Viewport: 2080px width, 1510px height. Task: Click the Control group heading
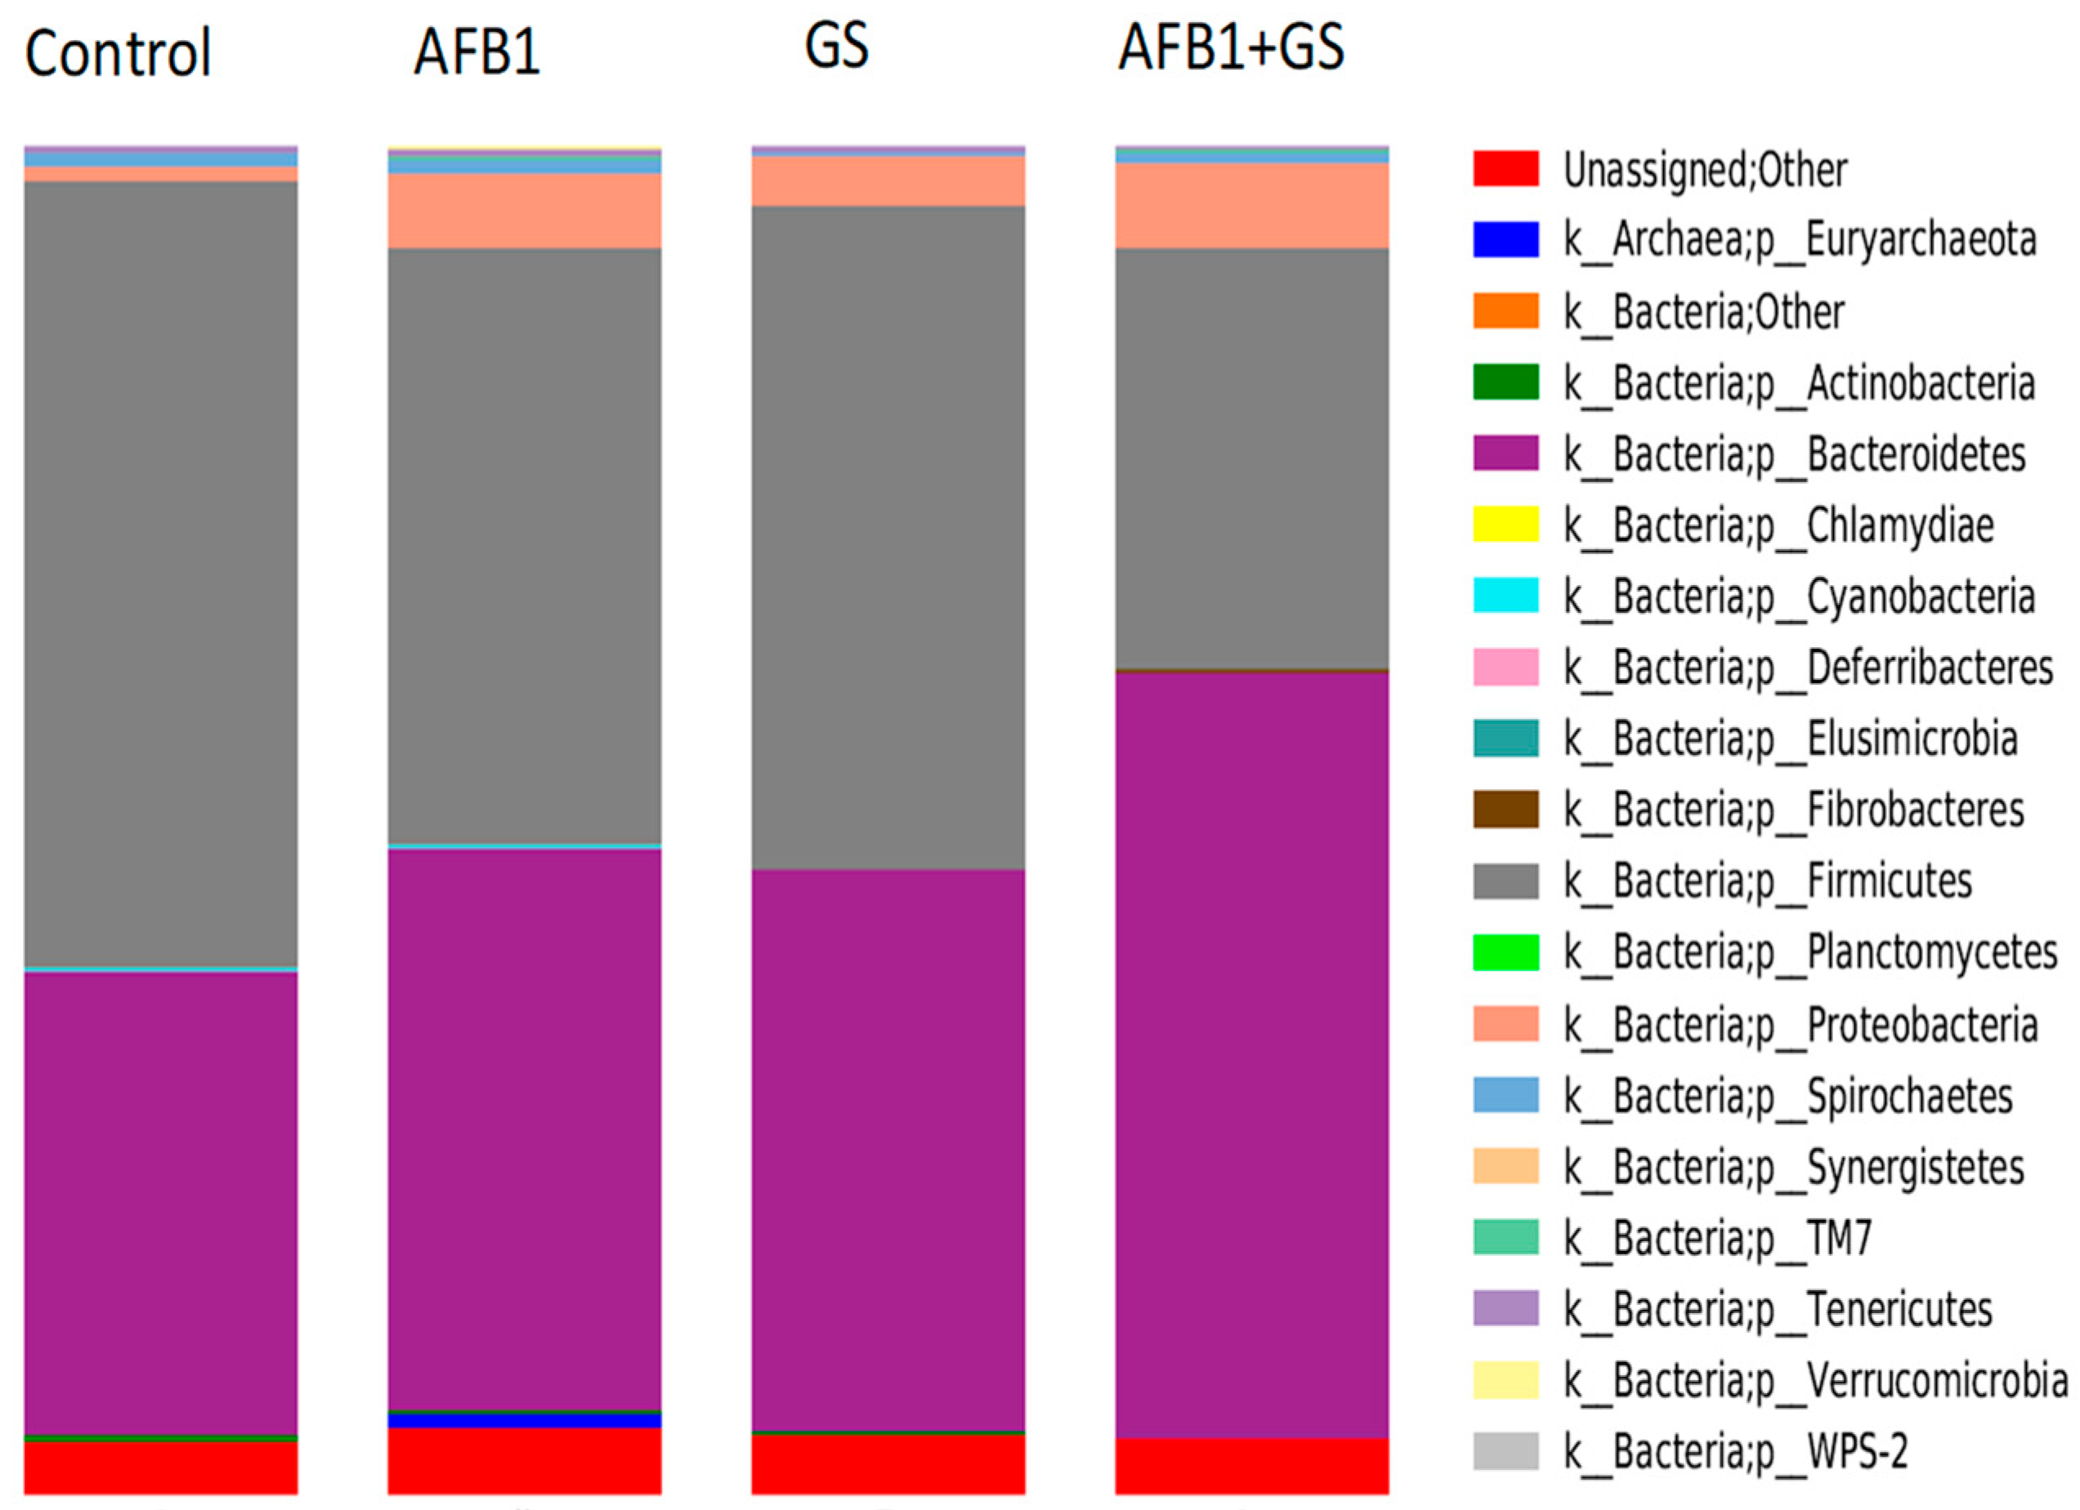pos(118,53)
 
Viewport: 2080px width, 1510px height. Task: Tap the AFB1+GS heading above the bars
pos(1231,47)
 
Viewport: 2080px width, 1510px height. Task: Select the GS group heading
pos(836,46)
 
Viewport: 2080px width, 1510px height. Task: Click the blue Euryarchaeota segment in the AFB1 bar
pos(524,1421)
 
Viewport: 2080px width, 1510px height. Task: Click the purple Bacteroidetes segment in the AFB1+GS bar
pos(1252,1054)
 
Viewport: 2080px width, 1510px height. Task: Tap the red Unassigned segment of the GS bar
pos(888,1464)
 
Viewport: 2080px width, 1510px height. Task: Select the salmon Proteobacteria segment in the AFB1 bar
pos(524,211)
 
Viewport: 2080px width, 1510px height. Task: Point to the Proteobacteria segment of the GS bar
pos(888,181)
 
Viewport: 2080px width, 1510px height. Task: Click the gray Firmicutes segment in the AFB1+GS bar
pos(1252,458)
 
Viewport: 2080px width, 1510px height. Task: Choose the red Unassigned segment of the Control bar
pos(160,1468)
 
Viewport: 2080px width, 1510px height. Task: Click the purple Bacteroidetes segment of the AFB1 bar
pos(524,1128)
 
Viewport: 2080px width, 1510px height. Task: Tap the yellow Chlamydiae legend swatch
pos(1506,525)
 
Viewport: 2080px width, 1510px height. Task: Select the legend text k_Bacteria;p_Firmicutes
pos(1767,881)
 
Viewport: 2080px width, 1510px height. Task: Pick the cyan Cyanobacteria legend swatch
pos(1506,596)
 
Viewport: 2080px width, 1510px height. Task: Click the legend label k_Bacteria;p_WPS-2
pos(1735,1451)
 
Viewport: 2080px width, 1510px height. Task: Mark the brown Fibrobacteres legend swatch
pos(1506,810)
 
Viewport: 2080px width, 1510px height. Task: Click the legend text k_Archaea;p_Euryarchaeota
pos(1800,240)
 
